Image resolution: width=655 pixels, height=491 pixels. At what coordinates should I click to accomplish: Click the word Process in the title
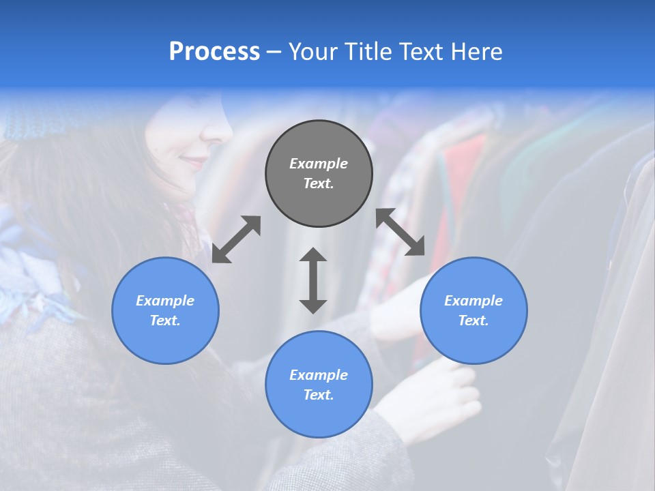(214, 52)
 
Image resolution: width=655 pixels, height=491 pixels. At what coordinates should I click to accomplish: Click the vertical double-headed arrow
(313, 280)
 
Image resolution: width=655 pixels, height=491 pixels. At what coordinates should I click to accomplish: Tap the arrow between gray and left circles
(236, 239)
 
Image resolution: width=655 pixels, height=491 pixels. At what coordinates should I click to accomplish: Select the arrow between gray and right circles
(401, 232)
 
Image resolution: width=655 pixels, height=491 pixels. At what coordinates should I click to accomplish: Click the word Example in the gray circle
(319, 164)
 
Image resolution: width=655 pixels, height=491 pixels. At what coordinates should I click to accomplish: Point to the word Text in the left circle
(165, 321)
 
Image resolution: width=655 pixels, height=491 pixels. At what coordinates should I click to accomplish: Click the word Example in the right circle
(474, 301)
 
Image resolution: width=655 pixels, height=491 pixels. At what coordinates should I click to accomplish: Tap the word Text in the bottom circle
(319, 395)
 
